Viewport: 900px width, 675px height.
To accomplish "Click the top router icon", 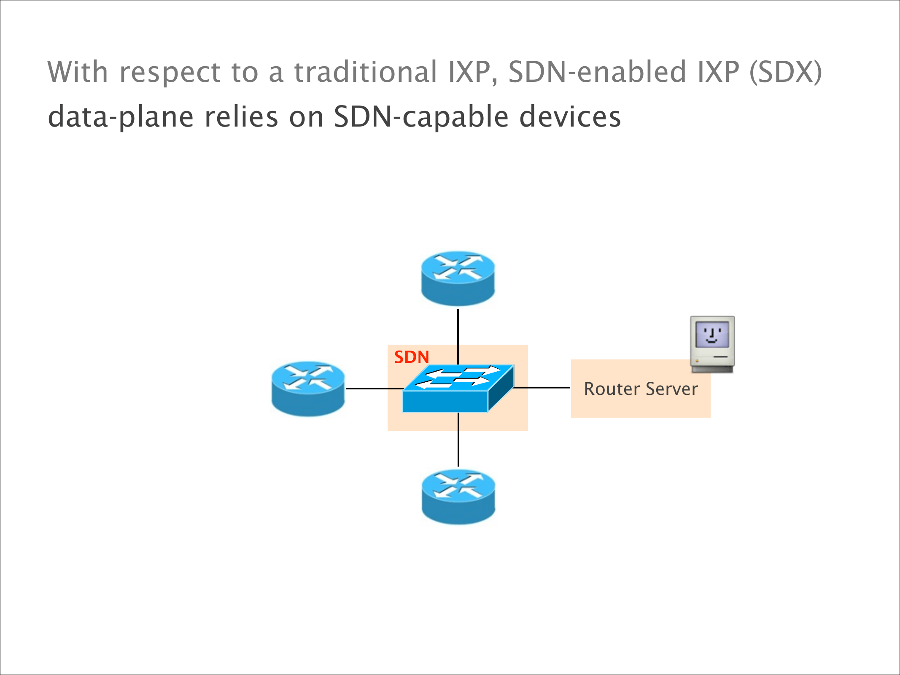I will [x=458, y=278].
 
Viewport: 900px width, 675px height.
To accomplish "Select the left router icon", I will [x=308, y=389].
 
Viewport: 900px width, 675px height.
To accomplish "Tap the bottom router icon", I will [x=458, y=497].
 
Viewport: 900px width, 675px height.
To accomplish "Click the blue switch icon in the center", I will [x=458, y=389].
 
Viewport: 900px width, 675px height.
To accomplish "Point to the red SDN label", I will [x=412, y=357].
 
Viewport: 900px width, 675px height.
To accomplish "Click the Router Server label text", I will [x=641, y=389].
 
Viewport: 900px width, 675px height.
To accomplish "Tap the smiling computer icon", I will [x=712, y=344].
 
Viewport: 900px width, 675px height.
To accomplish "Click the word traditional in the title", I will [x=365, y=72].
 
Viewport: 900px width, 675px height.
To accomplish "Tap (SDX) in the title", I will [x=785, y=72].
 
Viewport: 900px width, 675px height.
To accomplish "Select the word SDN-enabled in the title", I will [x=597, y=72].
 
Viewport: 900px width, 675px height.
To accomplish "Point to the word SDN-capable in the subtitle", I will [x=421, y=117].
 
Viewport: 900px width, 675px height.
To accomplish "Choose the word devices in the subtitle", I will [x=570, y=117].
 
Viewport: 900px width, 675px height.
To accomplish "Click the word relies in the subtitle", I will [x=241, y=117].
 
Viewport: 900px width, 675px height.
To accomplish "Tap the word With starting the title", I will [x=78, y=72].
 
